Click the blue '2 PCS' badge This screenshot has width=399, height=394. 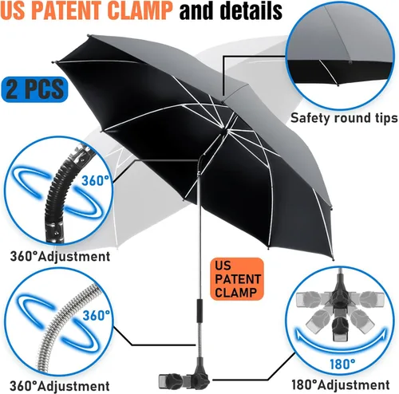point(34,89)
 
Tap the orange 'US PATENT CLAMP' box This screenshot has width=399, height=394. point(237,279)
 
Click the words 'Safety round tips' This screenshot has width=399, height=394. point(344,118)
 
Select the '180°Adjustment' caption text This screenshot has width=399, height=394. point(341,384)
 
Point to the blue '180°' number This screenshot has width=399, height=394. point(342,364)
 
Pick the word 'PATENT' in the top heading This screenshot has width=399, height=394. point(70,11)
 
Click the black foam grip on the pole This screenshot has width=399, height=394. point(199,309)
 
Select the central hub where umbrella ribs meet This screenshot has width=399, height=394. point(223,128)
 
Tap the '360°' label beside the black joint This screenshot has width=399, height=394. point(95,181)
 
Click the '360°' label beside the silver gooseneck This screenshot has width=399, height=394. point(97,316)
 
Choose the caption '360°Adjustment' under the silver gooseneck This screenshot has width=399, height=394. point(60,385)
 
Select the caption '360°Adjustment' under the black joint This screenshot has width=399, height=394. point(60,256)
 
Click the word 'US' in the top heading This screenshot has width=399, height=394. point(15,11)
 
